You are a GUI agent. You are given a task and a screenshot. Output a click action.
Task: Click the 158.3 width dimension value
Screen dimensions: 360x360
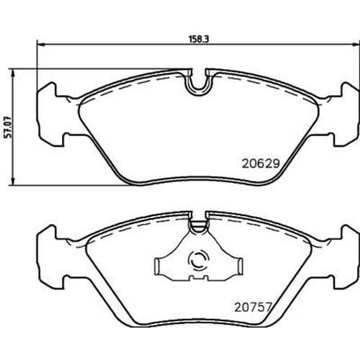pyautogui.click(x=199, y=39)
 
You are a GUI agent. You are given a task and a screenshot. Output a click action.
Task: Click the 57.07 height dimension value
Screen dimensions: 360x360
pyautogui.click(x=9, y=127)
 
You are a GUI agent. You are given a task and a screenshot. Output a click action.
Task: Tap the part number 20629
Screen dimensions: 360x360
pyautogui.click(x=261, y=163)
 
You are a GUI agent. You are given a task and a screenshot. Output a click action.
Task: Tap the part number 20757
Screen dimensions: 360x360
pyautogui.click(x=253, y=307)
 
